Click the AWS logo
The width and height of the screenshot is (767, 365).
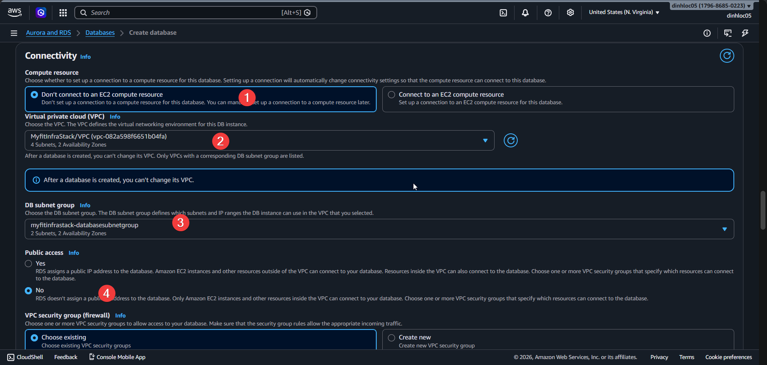14,12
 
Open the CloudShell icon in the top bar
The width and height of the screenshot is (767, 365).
503,13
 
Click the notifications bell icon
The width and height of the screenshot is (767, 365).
525,13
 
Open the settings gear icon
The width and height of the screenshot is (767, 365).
570,13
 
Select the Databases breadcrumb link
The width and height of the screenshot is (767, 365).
100,33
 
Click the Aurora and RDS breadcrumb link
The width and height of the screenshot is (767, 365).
48,33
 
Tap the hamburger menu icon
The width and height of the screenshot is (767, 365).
14,33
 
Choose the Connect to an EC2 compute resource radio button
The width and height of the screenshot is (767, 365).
391,95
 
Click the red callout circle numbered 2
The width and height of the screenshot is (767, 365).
221,141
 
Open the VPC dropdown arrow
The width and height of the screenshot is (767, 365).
485,141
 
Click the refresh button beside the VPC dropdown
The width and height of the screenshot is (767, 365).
511,141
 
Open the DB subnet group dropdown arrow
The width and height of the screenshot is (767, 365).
724,229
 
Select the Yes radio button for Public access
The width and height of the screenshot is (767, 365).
28,264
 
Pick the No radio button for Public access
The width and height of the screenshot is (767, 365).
28,291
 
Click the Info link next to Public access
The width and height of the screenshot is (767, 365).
74,253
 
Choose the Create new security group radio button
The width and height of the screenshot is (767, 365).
391,338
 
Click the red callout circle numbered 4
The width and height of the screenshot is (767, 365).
107,294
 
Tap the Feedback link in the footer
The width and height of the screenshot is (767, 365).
66,357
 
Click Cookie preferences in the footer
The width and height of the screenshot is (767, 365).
728,357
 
